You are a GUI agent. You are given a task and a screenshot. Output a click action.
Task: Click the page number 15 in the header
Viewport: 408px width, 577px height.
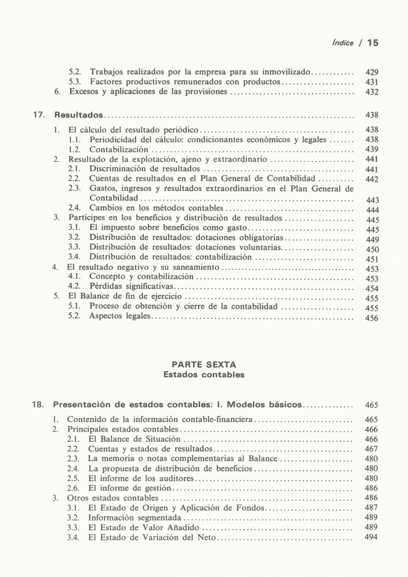(372, 42)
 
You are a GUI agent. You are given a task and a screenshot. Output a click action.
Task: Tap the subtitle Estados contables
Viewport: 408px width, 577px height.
(204, 374)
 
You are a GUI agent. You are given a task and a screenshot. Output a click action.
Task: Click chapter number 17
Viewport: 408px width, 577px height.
(39, 115)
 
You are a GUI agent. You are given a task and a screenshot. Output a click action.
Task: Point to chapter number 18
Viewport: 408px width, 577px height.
(39, 405)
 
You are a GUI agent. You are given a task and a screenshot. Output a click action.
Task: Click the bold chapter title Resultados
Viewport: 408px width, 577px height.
(79, 115)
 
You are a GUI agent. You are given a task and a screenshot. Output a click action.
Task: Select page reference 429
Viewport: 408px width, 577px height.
(372, 71)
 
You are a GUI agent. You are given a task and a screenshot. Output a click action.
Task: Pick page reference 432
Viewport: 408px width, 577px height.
(372, 92)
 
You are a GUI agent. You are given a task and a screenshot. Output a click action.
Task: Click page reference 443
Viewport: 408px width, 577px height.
(372, 200)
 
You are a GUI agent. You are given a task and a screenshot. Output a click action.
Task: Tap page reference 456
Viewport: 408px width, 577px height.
(372, 317)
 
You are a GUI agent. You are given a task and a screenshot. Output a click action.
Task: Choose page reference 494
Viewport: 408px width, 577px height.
(371, 537)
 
